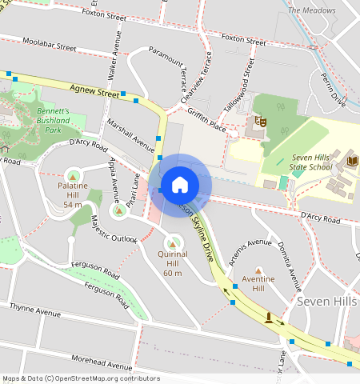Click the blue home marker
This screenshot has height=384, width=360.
[180, 185]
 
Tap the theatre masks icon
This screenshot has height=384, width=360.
[259, 122]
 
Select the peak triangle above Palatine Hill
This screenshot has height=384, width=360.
[73, 174]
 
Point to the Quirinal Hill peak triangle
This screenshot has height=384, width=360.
[172, 242]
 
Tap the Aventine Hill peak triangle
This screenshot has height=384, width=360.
[258, 270]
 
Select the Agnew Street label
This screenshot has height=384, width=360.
[94, 93]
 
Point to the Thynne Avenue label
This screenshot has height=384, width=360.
[35, 309]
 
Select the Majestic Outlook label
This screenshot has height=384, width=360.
[114, 228]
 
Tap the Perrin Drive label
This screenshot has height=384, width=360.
[333, 91]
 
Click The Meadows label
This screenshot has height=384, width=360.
[311, 10]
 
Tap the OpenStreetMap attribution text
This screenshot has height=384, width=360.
[81, 378]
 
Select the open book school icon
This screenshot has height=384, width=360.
[353, 162]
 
